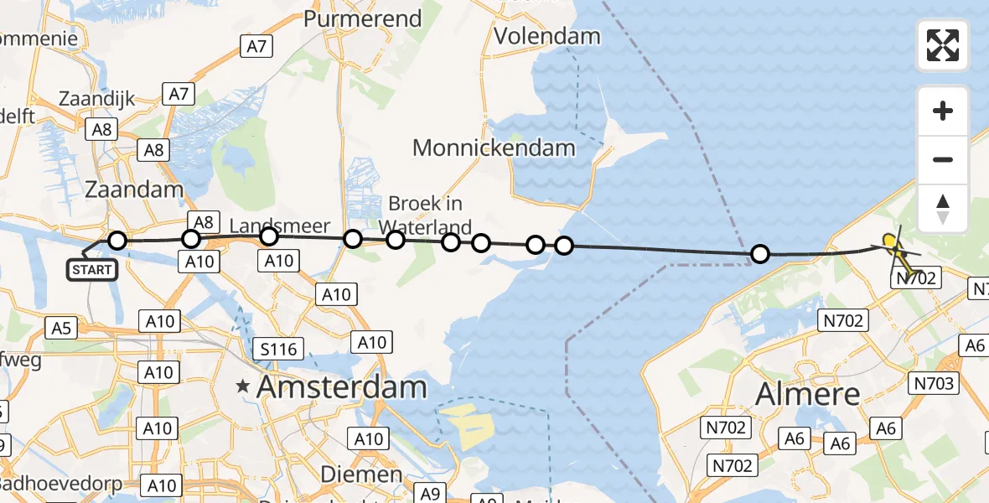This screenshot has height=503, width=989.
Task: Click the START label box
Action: click(x=91, y=269)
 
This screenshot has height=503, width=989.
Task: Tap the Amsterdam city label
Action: click(x=342, y=386)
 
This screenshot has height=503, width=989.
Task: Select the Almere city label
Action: click(x=808, y=393)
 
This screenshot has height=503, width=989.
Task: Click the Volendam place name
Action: click(x=547, y=36)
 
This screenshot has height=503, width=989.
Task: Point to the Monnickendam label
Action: click(x=494, y=148)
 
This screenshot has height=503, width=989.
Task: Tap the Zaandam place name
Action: click(x=133, y=189)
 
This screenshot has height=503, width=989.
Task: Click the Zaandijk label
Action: click(x=96, y=99)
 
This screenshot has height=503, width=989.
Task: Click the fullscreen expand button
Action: click(x=943, y=45)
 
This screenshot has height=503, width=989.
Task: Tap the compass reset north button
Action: click(x=943, y=208)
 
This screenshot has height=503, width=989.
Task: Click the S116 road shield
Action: click(x=280, y=347)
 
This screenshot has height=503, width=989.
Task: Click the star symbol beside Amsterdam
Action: click(x=243, y=386)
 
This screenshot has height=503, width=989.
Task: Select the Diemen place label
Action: click(x=363, y=474)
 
